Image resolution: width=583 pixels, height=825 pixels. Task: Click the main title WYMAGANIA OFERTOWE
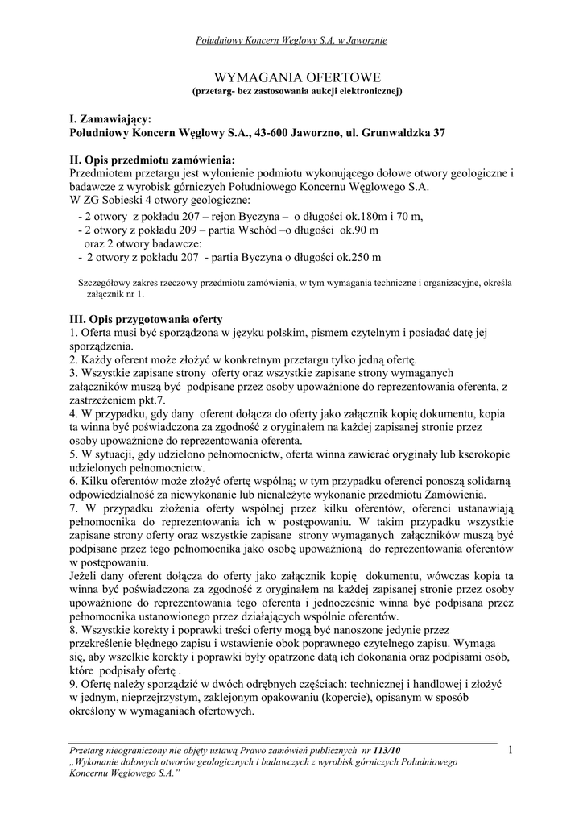291,77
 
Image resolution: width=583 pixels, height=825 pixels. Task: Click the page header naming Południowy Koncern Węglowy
291,40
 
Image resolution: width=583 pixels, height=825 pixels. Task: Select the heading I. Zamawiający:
110,118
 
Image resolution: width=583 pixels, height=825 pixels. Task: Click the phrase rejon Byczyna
241,216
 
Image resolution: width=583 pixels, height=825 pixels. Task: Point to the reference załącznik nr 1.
122,294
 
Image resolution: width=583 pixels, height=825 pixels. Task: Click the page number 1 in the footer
510,751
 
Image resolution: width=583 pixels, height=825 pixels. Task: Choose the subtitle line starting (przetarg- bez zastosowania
291,92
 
